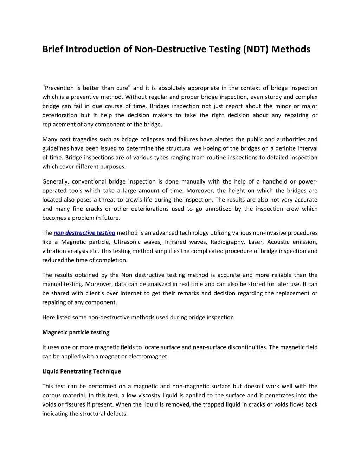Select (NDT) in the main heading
point(255,49)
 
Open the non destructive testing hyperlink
point(84,233)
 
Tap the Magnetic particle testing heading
point(76,332)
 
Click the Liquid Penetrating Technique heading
point(82,371)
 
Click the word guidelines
point(55,148)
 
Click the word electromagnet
point(148,356)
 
